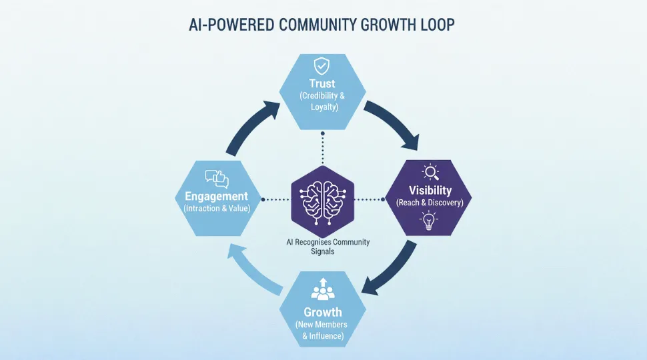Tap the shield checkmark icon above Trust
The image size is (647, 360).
click(322, 66)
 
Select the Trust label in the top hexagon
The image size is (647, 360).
click(322, 83)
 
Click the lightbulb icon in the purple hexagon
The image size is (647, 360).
click(430, 221)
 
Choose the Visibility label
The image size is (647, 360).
click(430, 191)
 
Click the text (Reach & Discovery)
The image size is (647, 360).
click(430, 203)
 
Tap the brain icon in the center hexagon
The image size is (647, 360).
click(322, 199)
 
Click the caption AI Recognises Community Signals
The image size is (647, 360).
click(323, 247)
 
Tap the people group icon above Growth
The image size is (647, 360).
click(322, 291)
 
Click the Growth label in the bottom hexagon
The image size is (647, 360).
click(322, 312)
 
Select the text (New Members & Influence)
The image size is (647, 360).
click(322, 331)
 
